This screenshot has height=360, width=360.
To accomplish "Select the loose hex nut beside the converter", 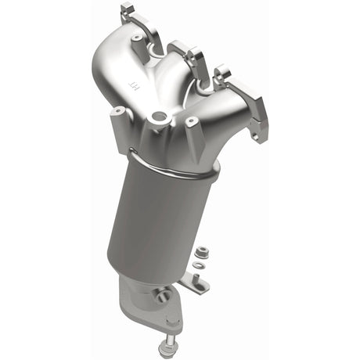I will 201,252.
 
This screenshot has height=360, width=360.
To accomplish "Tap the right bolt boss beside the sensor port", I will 190,123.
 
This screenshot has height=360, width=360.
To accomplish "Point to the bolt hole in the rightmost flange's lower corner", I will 255,137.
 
